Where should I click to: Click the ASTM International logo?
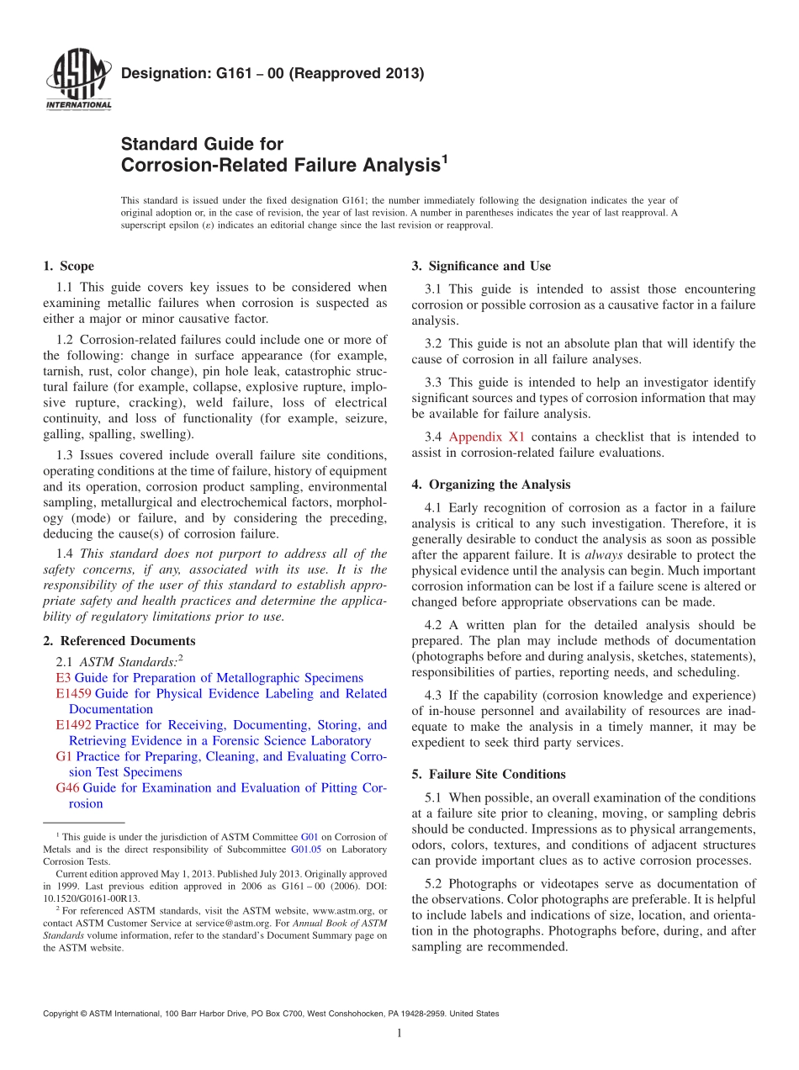pos(77,80)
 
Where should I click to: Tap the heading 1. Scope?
pos(68,267)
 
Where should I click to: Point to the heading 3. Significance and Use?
pos(481,267)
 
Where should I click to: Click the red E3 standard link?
pos(63,678)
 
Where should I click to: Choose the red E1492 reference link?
pos(74,725)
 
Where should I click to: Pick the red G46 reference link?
pos(67,788)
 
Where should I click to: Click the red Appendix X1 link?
pos(486,437)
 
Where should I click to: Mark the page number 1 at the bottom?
pos(399,1034)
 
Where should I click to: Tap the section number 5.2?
pos(434,883)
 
